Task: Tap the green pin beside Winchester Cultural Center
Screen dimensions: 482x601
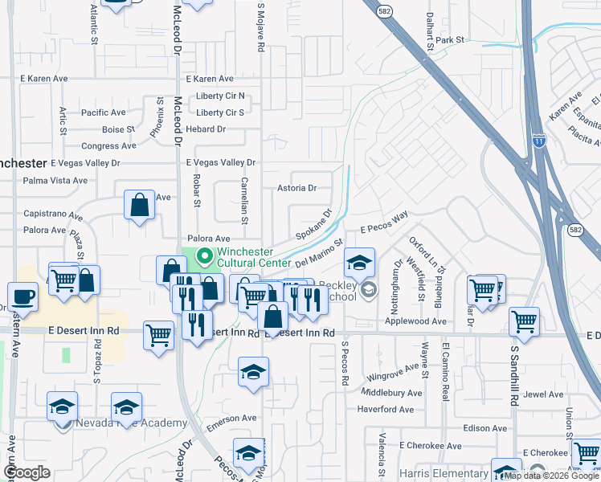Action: (x=205, y=257)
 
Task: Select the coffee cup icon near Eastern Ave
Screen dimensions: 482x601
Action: (x=22, y=297)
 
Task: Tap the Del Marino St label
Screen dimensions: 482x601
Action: (x=319, y=251)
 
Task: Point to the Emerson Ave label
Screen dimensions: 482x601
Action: (x=231, y=418)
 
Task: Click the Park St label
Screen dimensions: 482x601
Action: (x=451, y=39)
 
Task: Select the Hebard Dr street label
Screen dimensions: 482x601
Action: (x=206, y=129)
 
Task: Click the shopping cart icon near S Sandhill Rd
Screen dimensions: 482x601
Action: (x=525, y=322)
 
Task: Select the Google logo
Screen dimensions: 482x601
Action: (x=27, y=472)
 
